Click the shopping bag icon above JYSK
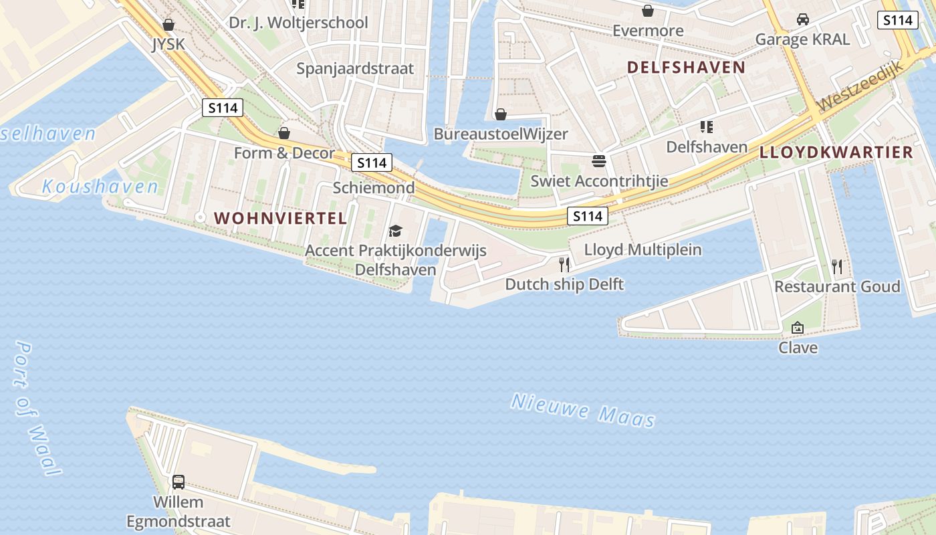[168, 25]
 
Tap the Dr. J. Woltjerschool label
[298, 23]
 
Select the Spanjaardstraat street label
[355, 68]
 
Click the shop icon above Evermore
[647, 11]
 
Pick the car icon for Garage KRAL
[803, 19]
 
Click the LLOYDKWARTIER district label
[836, 152]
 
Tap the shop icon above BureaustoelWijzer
[500, 114]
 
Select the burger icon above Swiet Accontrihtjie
[598, 160]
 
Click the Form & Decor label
[284, 153]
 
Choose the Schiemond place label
[374, 188]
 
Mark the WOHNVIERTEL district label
[280, 218]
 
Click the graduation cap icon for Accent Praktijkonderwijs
[395, 231]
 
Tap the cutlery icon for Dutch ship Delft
[564, 265]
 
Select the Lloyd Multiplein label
[642, 250]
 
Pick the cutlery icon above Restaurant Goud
[837, 267]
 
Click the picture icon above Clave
[797, 328]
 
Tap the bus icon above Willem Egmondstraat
[179, 481]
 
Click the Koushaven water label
[100, 187]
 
